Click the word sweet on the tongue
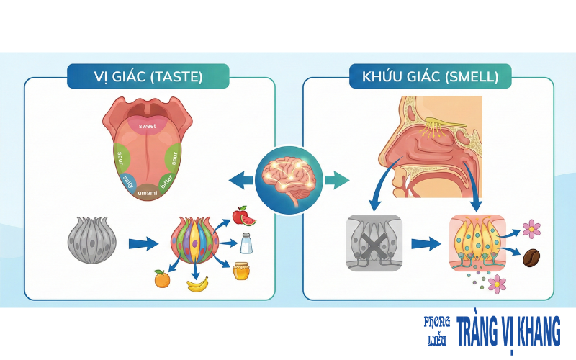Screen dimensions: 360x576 click(x=148, y=126)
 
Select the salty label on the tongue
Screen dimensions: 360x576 click(x=127, y=181)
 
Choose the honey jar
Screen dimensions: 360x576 click(x=241, y=271)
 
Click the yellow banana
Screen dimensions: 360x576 click(x=198, y=284)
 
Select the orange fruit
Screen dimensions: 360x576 click(x=162, y=278)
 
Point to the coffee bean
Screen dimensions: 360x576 click(x=532, y=258)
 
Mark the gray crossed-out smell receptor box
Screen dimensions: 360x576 click(x=374, y=243)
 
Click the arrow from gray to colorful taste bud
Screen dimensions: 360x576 click(x=143, y=243)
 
